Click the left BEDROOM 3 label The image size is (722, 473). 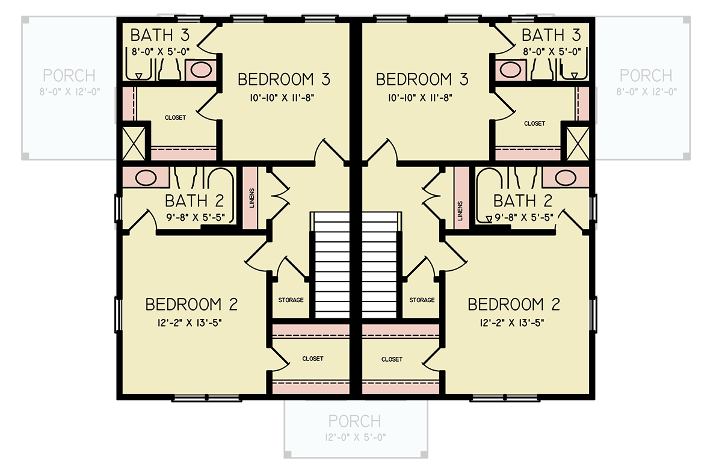click(284, 79)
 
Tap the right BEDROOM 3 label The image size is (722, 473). click(422, 79)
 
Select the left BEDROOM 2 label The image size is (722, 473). click(191, 304)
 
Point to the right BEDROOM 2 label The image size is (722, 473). click(514, 304)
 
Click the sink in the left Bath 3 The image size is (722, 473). click(200, 70)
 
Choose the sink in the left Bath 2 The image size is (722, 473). click(144, 178)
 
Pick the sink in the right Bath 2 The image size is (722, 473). click(565, 178)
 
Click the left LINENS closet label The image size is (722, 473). click(251, 199)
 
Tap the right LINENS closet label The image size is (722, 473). click(460, 210)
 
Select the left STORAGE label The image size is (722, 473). click(291, 300)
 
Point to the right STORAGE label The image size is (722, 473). click(422, 300)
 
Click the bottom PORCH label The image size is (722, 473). click(355, 421)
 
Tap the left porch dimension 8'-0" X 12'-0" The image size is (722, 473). click(70, 91)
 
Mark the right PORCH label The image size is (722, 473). click(646, 76)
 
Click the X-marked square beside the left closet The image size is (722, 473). click(134, 143)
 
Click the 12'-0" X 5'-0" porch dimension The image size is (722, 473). click(355, 436)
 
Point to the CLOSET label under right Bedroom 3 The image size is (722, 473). click(534, 123)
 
